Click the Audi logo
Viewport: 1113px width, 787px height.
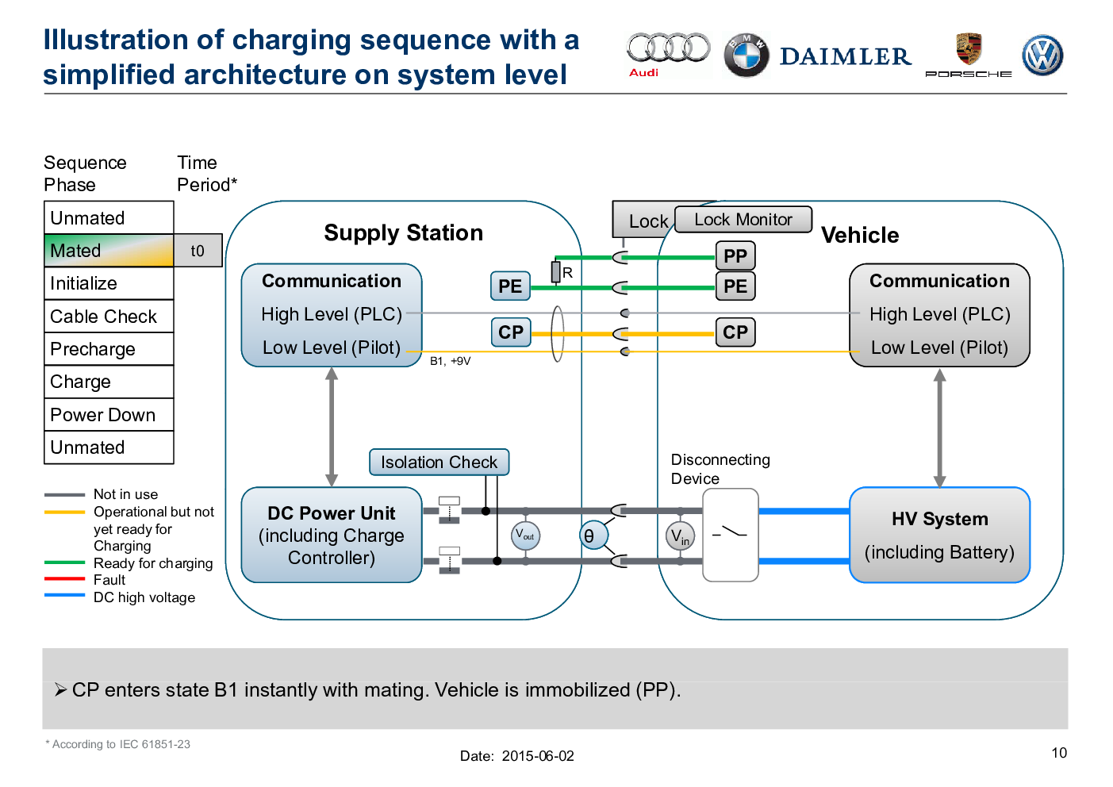coord(668,54)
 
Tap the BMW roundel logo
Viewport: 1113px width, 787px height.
coord(746,56)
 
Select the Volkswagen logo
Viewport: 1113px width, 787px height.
coord(1042,56)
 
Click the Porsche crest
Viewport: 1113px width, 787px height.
coord(969,48)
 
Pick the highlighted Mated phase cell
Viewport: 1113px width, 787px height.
coord(109,251)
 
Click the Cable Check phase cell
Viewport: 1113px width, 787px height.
coord(109,316)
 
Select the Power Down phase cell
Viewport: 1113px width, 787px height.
coord(109,414)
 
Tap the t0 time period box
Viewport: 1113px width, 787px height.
coord(198,251)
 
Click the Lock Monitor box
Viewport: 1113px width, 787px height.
coord(743,219)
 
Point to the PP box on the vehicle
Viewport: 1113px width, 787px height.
coord(735,255)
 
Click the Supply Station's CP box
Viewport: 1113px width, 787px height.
coord(511,332)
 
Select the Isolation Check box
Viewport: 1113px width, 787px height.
coord(439,462)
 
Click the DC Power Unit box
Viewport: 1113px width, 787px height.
coord(332,535)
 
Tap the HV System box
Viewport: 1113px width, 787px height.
coord(939,535)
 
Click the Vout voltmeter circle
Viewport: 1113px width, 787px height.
coord(526,536)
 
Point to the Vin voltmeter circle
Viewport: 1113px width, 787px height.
coord(680,536)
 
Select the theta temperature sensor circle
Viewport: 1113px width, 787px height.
coord(593,536)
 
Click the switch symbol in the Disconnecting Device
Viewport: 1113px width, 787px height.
coord(730,532)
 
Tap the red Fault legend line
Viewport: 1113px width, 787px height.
coord(64,579)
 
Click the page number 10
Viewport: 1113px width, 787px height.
coord(1059,753)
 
